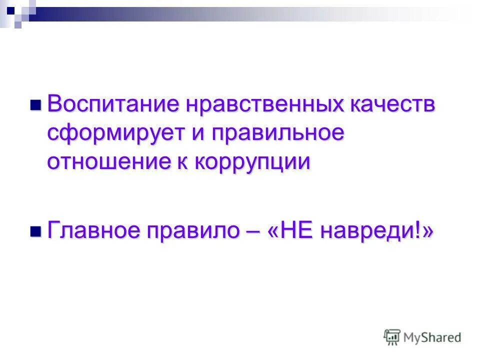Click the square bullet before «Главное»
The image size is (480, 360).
pos(35,231)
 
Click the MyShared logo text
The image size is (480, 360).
pos(433,338)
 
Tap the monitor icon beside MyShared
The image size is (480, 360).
pos(392,337)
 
